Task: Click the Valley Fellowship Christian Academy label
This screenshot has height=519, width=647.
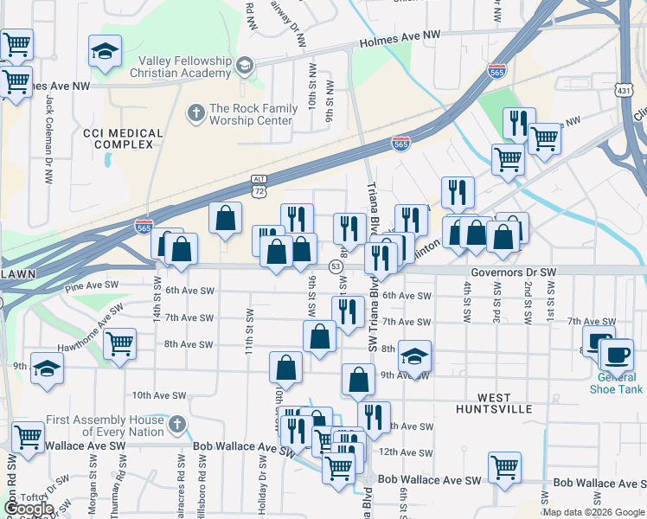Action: (186, 67)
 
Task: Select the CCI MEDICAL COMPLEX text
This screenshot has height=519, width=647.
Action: (123, 138)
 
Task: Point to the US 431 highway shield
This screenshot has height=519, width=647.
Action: (625, 90)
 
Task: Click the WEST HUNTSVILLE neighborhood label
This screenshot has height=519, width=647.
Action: (496, 407)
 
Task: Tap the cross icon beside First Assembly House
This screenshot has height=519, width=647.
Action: (176, 425)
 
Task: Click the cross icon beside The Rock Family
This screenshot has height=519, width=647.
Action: (195, 112)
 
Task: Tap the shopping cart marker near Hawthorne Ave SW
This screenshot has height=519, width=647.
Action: (119, 343)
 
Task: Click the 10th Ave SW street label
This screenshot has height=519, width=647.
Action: (159, 395)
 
